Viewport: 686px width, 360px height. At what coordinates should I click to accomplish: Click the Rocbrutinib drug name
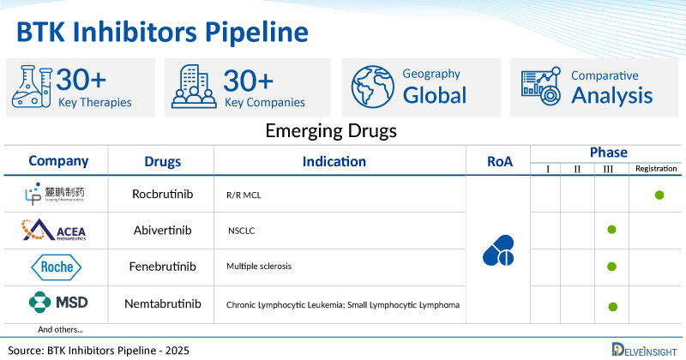(x=162, y=195)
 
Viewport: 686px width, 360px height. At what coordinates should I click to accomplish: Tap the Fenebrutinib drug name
(x=162, y=267)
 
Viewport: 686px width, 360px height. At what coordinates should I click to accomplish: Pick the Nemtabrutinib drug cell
(x=162, y=303)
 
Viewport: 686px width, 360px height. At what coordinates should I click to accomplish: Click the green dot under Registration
(x=659, y=195)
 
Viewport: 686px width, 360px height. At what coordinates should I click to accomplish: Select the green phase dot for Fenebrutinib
(x=611, y=267)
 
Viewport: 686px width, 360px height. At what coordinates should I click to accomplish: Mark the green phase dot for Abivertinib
(x=611, y=230)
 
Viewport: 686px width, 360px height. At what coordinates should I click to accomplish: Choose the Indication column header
(x=334, y=161)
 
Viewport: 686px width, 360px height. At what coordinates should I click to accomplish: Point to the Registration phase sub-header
(x=657, y=170)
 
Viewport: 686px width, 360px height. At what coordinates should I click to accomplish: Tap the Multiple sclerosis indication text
(x=259, y=267)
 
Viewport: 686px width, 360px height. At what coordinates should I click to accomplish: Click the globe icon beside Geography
(x=372, y=87)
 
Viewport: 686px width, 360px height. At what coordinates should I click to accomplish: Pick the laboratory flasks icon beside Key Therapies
(x=31, y=87)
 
